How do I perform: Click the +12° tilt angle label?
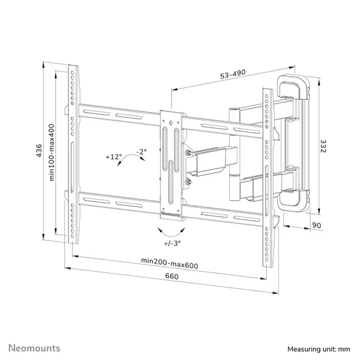pyautogui.click(x=114, y=156)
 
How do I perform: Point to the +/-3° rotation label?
pyautogui.click(x=172, y=243)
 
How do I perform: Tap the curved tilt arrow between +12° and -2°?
pyautogui.click(x=132, y=163)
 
